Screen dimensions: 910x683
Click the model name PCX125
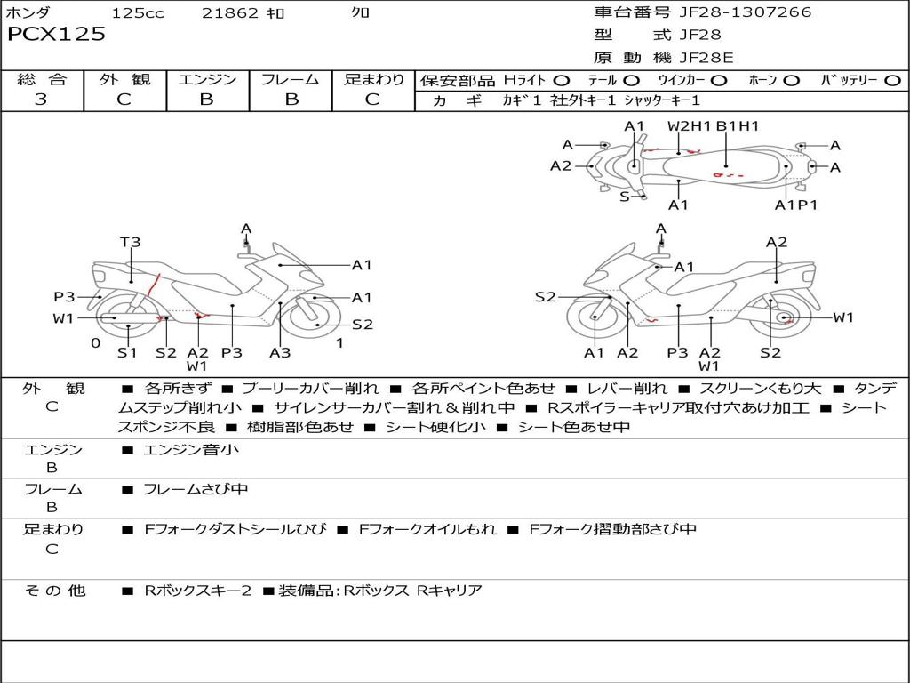coord(56,35)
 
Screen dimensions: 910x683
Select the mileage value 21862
coord(230,13)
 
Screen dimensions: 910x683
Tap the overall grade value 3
coord(41,100)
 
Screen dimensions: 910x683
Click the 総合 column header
coord(41,80)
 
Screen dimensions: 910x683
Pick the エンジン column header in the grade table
coord(207,80)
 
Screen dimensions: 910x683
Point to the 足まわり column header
coord(373,80)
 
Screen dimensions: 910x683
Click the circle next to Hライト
coord(563,81)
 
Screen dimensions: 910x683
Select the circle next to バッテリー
coord(892,81)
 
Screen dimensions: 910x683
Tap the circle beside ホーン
coord(791,81)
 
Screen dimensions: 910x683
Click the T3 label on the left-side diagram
coord(131,242)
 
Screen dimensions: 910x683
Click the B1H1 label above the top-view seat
coord(738,126)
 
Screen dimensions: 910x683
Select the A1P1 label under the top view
coord(795,205)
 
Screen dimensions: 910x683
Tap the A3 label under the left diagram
coord(280,352)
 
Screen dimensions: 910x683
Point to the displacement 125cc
coord(138,13)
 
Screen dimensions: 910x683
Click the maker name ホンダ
coord(28,13)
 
